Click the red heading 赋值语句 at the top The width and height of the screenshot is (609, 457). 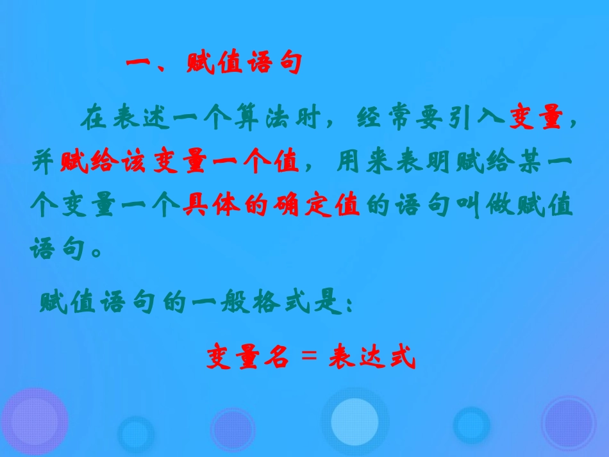click(x=244, y=65)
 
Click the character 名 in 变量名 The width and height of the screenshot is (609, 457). click(x=276, y=358)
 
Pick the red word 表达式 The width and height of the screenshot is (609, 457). click(x=372, y=358)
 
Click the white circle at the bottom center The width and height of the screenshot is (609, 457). click(x=355, y=421)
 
